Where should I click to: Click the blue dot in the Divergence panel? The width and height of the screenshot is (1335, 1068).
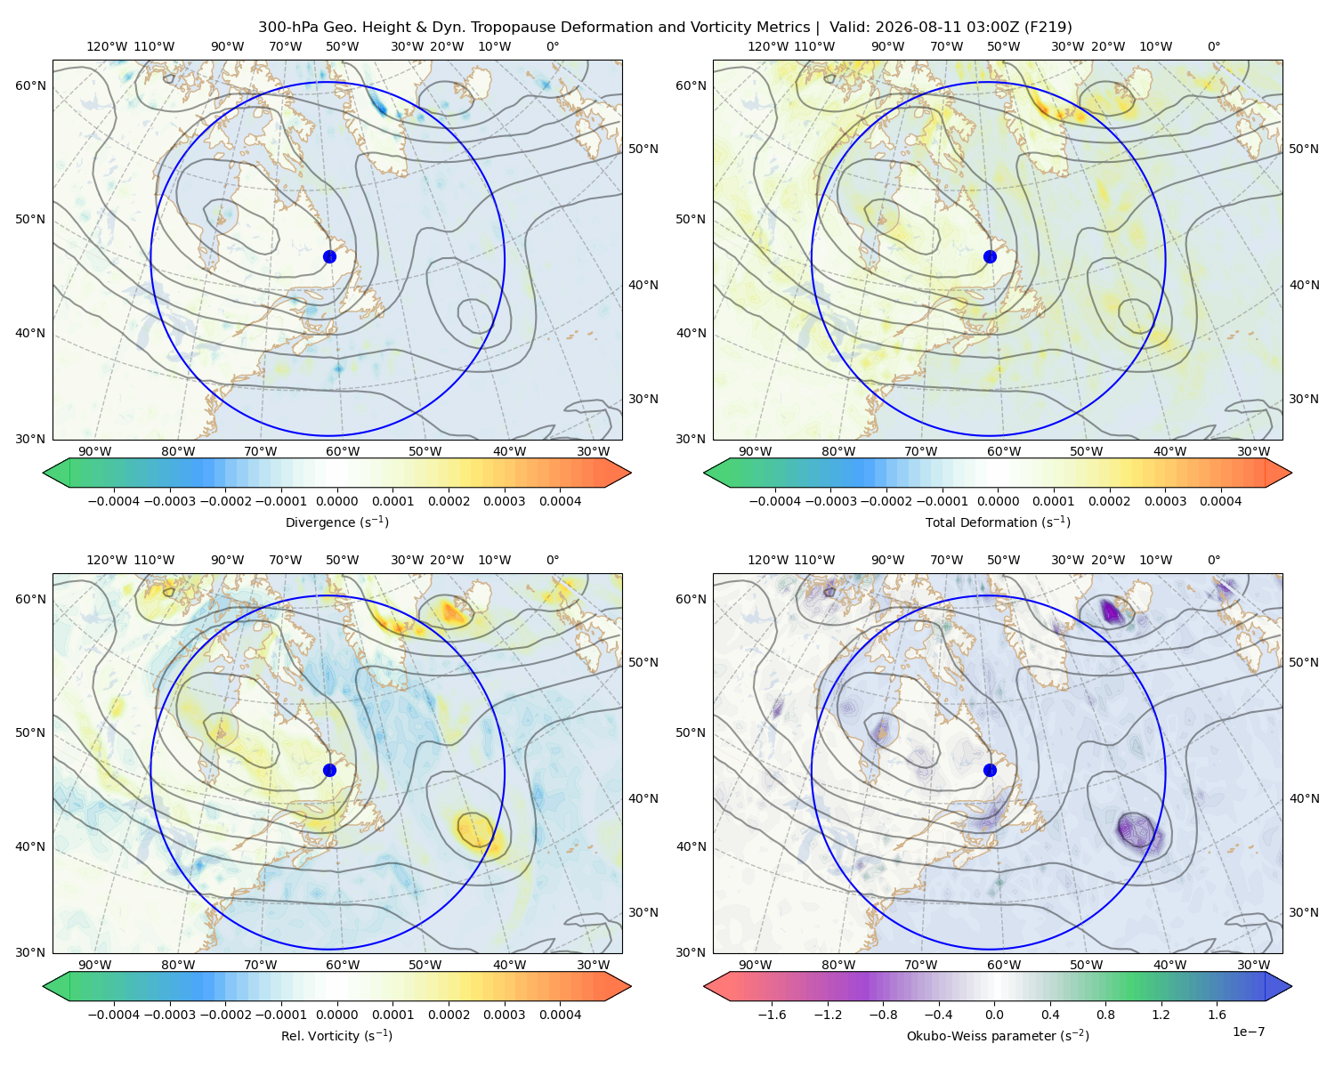click(x=329, y=256)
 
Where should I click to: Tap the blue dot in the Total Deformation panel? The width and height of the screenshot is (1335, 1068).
click(x=990, y=256)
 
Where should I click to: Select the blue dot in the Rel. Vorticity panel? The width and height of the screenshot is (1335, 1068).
click(x=329, y=770)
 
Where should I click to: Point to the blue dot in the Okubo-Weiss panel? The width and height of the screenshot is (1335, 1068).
click(x=990, y=770)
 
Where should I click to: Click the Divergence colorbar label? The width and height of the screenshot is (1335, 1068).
click(x=336, y=522)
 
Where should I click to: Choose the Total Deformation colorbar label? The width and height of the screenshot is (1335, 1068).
click(x=998, y=522)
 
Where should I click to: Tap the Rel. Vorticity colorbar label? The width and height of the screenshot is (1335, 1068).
click(x=336, y=1035)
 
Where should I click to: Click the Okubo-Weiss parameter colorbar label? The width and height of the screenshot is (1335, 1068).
click(x=998, y=1035)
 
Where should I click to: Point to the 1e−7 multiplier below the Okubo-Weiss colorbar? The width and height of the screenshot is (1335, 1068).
click(x=1248, y=1032)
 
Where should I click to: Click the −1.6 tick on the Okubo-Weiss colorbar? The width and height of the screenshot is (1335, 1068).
click(x=772, y=1014)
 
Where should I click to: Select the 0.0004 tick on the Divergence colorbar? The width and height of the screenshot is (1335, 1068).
click(x=560, y=501)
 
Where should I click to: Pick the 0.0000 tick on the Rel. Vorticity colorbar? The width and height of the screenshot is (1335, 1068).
click(x=336, y=1014)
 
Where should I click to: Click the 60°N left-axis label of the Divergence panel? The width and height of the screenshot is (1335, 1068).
click(x=30, y=85)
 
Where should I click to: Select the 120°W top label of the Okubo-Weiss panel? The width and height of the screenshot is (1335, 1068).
click(x=767, y=560)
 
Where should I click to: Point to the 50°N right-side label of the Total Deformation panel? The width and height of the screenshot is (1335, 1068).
click(x=1303, y=149)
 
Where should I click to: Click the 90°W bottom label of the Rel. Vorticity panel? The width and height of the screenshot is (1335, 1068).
click(x=95, y=965)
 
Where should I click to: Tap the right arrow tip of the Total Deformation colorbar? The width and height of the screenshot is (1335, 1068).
click(x=1291, y=473)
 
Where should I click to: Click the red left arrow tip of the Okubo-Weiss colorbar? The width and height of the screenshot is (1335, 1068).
click(x=705, y=986)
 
